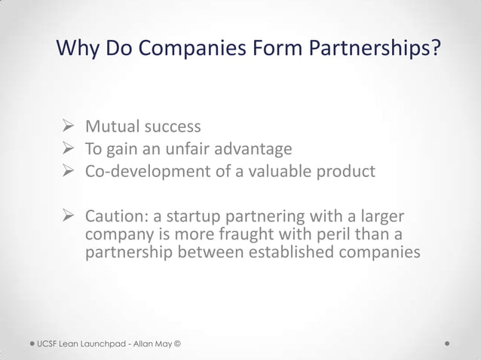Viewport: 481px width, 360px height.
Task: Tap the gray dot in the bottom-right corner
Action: pyautogui.click(x=448, y=343)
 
